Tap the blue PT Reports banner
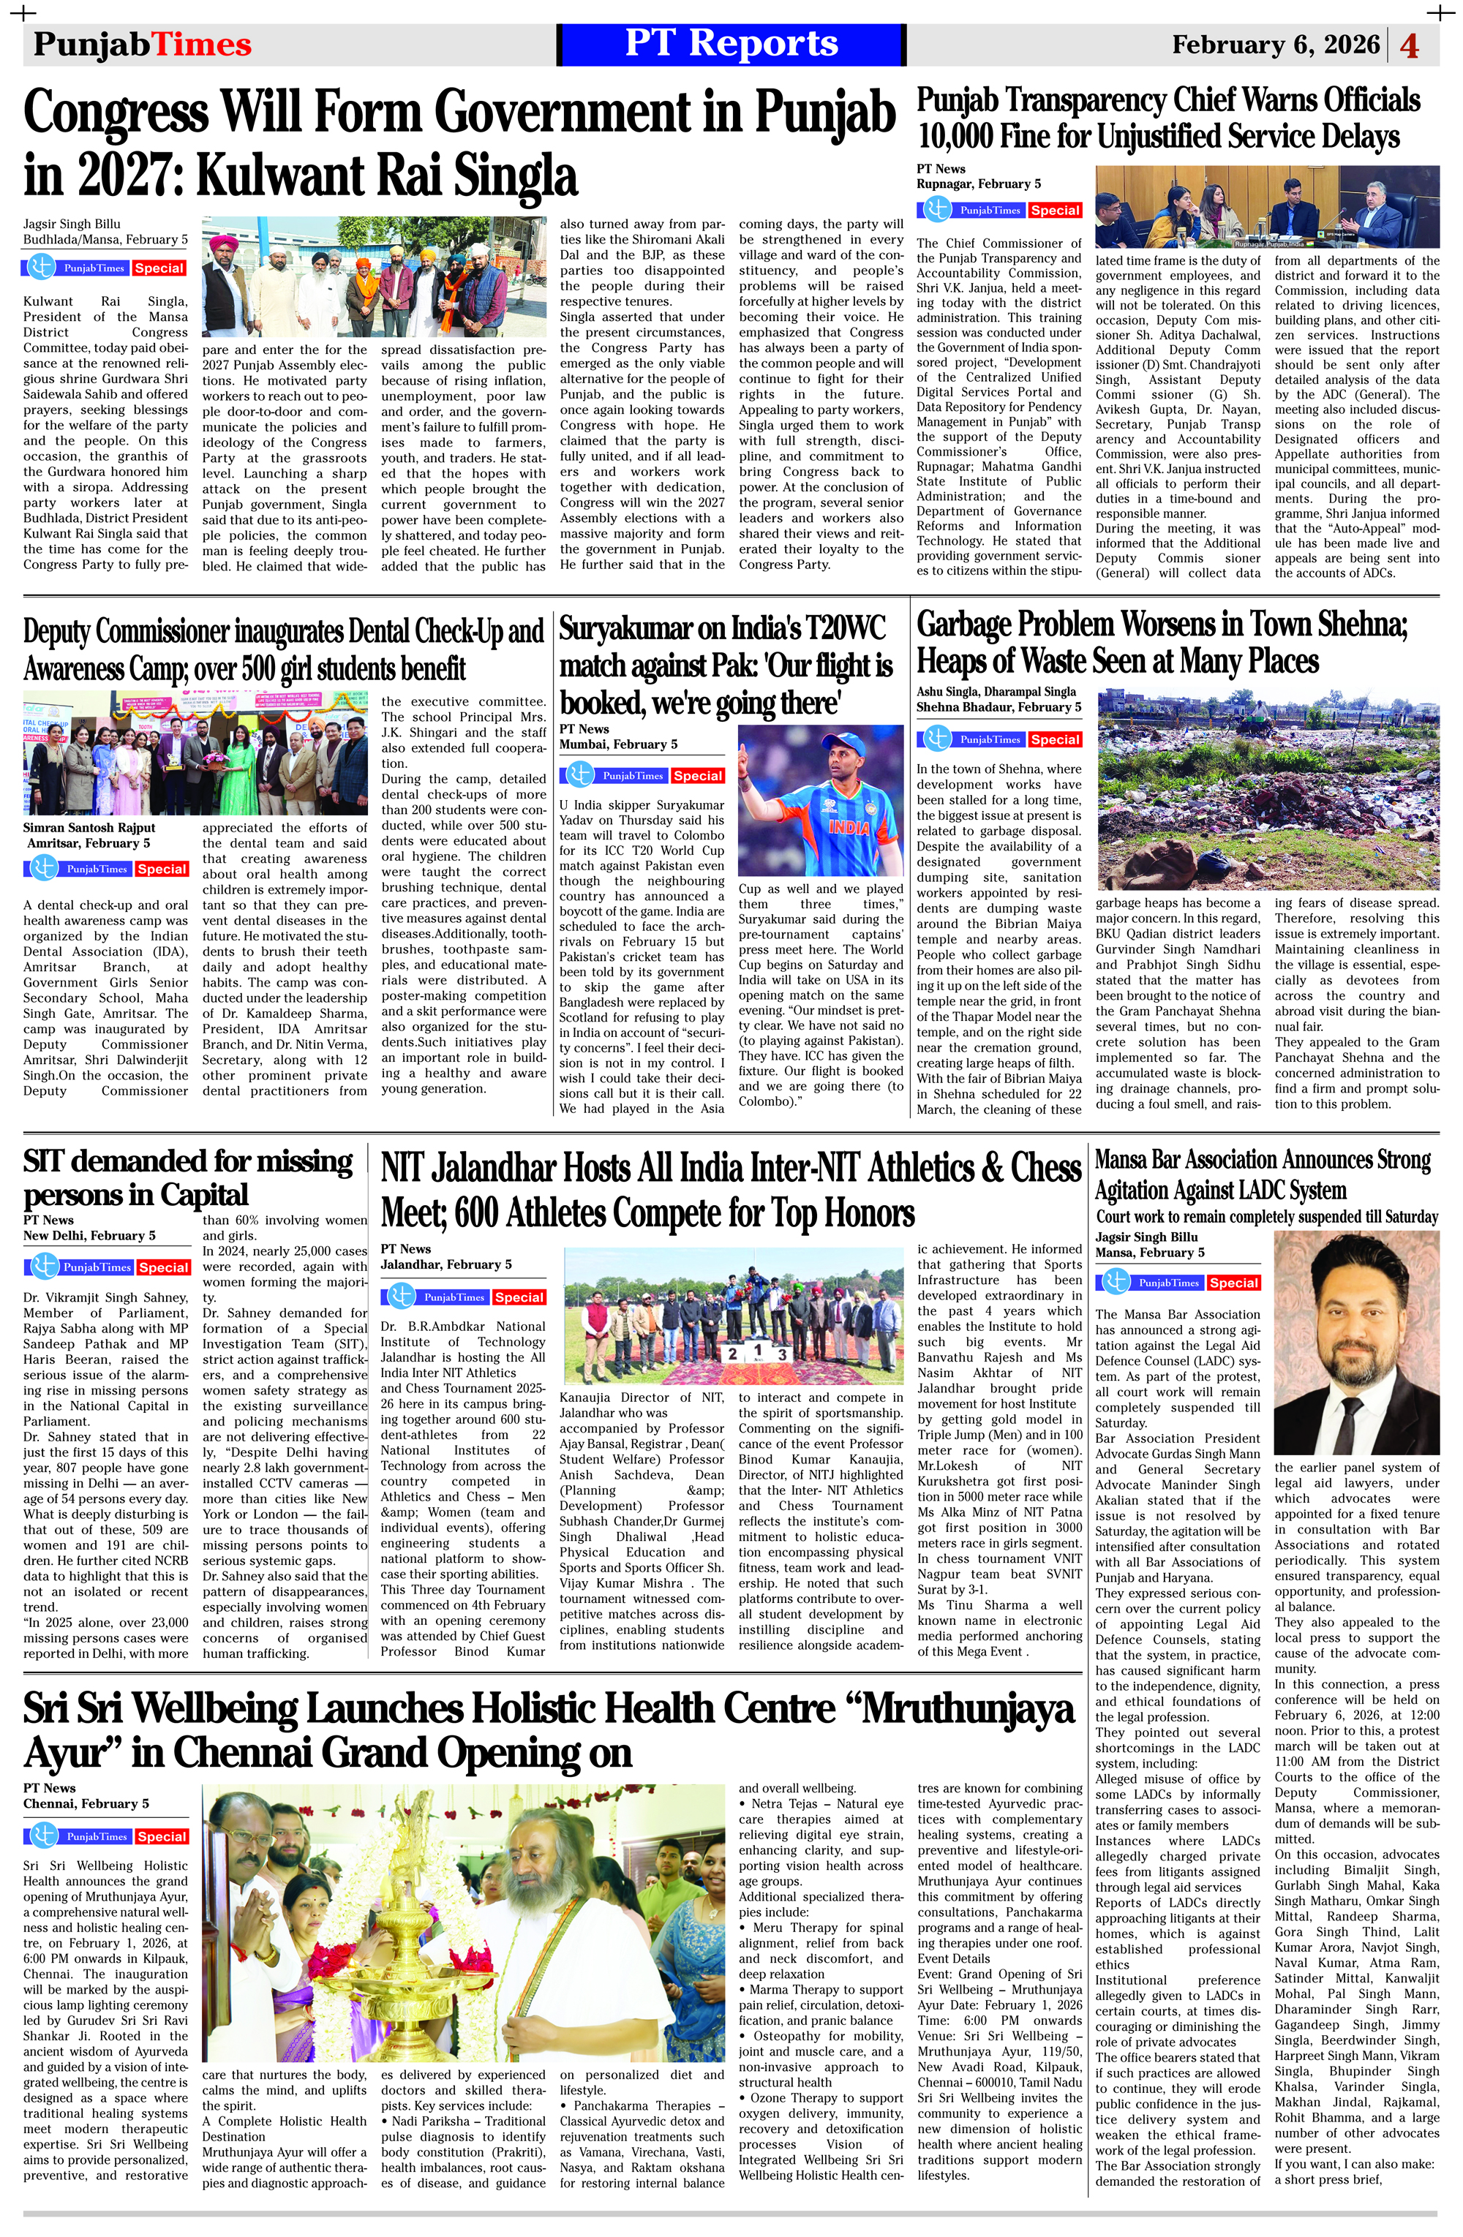[731, 44]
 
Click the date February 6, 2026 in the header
[1275, 44]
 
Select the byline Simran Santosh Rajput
[89, 828]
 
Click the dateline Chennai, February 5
[86, 1803]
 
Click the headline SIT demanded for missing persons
[187, 1177]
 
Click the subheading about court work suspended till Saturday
[1266, 1217]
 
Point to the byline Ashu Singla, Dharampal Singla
[996, 692]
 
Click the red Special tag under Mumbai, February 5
[698, 777]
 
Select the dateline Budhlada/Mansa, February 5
[105, 240]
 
